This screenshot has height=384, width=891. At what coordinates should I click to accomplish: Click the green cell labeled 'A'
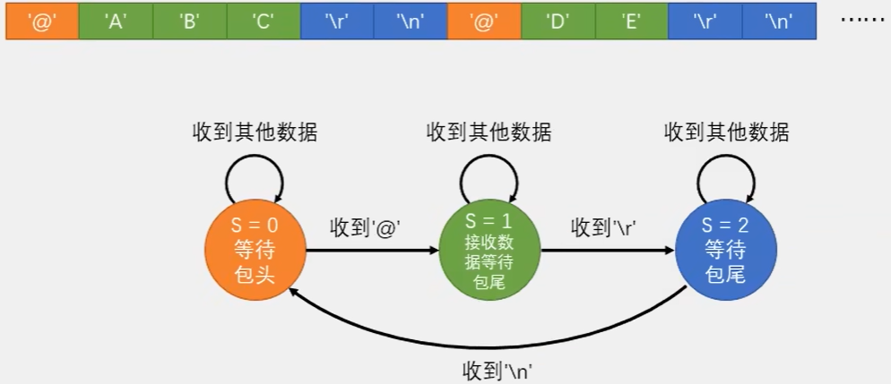(116, 21)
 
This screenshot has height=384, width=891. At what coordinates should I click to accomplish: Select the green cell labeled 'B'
(189, 21)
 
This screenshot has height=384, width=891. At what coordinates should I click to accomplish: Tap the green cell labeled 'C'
(263, 21)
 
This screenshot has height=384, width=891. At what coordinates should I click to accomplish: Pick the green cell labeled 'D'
(557, 21)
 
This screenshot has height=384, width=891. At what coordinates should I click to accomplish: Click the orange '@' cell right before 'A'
(42, 21)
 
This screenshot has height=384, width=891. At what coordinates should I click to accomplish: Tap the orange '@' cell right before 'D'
(483, 21)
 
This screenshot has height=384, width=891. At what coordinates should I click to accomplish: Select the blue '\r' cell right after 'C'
(336, 21)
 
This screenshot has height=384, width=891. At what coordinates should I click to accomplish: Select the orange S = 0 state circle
(255, 251)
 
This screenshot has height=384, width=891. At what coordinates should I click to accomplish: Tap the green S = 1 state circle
(489, 251)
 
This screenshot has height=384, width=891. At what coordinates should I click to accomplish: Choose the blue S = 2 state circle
(726, 251)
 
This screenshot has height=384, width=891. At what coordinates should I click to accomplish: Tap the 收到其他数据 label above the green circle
(489, 133)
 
